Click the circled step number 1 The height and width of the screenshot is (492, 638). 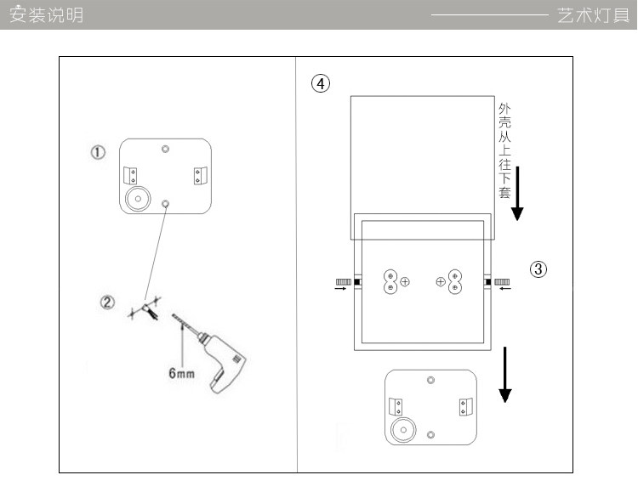pyautogui.click(x=98, y=153)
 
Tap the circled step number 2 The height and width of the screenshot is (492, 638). pyautogui.click(x=108, y=303)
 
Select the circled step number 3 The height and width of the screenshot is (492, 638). pyautogui.click(x=538, y=269)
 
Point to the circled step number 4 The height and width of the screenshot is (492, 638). pyautogui.click(x=320, y=83)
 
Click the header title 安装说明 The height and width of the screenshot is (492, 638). pyautogui.click(x=47, y=15)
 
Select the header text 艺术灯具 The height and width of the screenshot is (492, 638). pyautogui.click(x=594, y=15)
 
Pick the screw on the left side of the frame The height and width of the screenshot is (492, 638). pyautogui.click(x=344, y=281)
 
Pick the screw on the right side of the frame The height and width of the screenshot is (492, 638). pyautogui.click(x=502, y=281)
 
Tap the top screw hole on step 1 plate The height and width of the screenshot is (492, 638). pyautogui.click(x=166, y=150)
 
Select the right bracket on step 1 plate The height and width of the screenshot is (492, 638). pyautogui.click(x=199, y=175)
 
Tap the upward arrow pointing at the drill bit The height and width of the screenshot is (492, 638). pyautogui.click(x=182, y=344)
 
